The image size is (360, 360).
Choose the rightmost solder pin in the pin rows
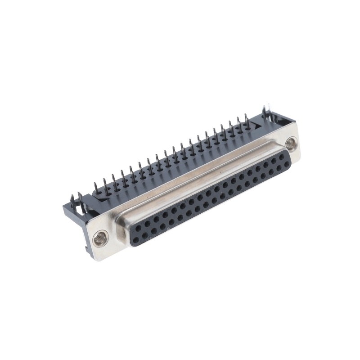[x=247, y=118]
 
